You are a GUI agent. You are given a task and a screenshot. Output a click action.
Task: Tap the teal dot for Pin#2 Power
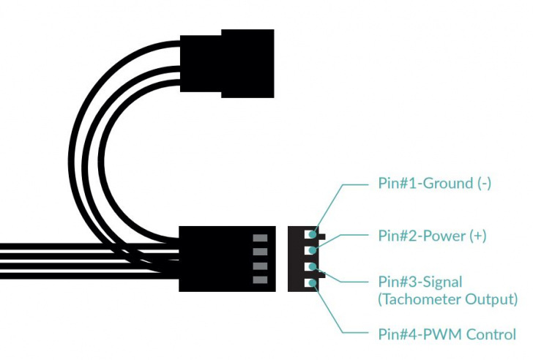click(x=313, y=251)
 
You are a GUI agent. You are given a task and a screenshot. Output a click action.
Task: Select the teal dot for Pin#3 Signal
click(x=313, y=267)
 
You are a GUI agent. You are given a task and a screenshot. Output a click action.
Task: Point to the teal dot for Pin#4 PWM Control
click(x=313, y=282)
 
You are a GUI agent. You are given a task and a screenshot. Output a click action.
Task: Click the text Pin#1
click(x=396, y=183)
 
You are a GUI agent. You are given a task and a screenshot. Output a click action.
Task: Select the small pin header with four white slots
click(x=303, y=258)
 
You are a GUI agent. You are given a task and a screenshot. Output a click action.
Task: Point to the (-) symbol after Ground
click(x=483, y=183)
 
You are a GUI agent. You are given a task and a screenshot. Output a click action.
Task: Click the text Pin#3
click(x=396, y=282)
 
